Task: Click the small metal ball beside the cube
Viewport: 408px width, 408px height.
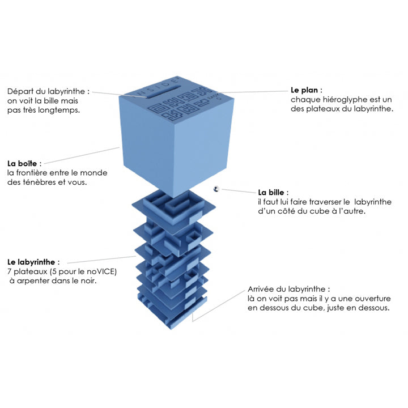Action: click(x=216, y=189)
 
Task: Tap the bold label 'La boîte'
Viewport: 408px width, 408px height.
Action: click(x=23, y=163)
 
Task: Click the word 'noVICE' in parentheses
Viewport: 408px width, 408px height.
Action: click(x=102, y=271)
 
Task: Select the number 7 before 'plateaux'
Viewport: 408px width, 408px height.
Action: click(x=10, y=271)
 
